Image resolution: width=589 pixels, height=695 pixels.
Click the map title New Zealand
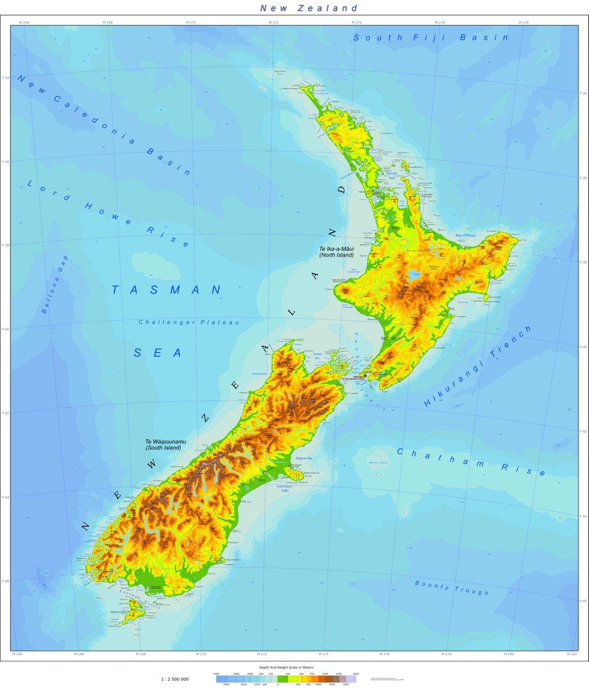[x=309, y=8]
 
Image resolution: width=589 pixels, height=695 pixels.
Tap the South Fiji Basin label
[x=431, y=38]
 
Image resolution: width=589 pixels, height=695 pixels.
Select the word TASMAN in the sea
[x=167, y=290]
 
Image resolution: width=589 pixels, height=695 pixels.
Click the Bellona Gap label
[x=55, y=284]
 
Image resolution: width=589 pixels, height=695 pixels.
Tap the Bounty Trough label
[x=451, y=587]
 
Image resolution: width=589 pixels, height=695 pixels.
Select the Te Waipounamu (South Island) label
[x=163, y=444]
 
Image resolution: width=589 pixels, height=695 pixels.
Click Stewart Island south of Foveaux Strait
[x=132, y=610]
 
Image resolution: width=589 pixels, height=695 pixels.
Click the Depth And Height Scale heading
[x=286, y=667]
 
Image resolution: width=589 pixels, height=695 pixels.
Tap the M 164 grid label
[x=17, y=654]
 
